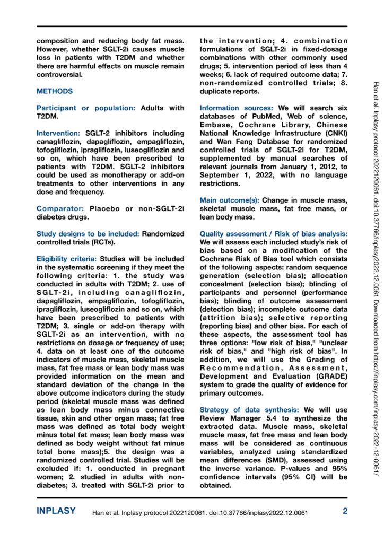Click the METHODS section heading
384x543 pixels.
click(x=55, y=91)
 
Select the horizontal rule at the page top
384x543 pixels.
click(x=191, y=26)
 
